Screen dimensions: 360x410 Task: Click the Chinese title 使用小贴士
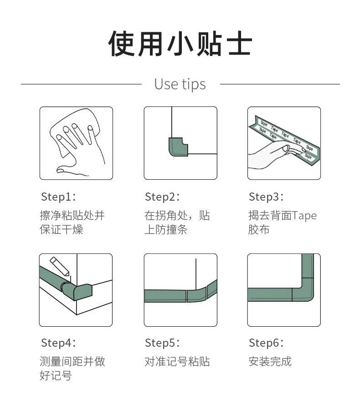click(x=180, y=43)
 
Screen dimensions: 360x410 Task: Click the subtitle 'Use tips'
click(x=180, y=84)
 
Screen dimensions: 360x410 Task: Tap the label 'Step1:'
click(x=58, y=197)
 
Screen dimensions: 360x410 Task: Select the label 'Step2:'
click(x=162, y=197)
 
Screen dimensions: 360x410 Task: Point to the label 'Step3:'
click(x=266, y=197)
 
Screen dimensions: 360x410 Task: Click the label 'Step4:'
click(x=58, y=343)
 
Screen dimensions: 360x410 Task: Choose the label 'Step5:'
click(x=162, y=343)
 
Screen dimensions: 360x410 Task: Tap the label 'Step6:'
click(x=266, y=343)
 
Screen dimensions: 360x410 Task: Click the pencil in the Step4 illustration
click(x=60, y=267)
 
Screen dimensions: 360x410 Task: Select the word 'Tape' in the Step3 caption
click(x=304, y=216)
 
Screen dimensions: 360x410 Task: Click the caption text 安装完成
click(x=270, y=361)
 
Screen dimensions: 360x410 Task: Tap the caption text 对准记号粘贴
click(x=177, y=361)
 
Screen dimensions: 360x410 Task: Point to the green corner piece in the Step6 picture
click(x=303, y=290)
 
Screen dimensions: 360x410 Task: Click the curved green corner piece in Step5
click(x=197, y=295)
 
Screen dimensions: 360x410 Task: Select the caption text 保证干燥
click(x=61, y=230)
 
